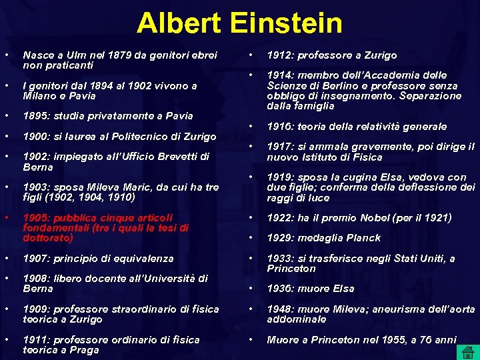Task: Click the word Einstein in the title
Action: point(287,24)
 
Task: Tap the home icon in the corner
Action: point(468,351)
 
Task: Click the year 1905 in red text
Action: point(35,218)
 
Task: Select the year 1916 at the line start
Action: point(279,127)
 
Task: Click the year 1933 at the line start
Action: point(279,259)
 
